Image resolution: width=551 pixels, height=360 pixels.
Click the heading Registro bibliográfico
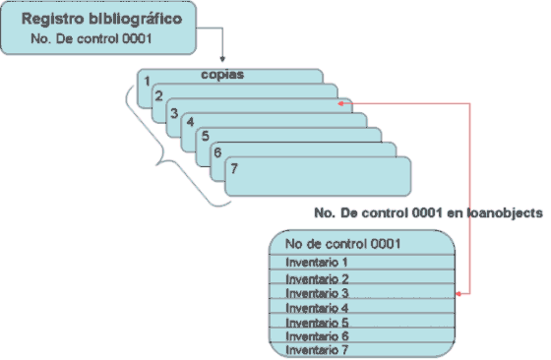point(100,21)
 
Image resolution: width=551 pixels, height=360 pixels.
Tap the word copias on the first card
point(229,75)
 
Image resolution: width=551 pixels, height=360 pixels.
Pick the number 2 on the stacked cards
point(157,97)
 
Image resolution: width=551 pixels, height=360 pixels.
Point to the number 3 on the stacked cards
point(173,113)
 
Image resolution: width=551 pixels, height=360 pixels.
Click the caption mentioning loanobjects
point(428,212)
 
